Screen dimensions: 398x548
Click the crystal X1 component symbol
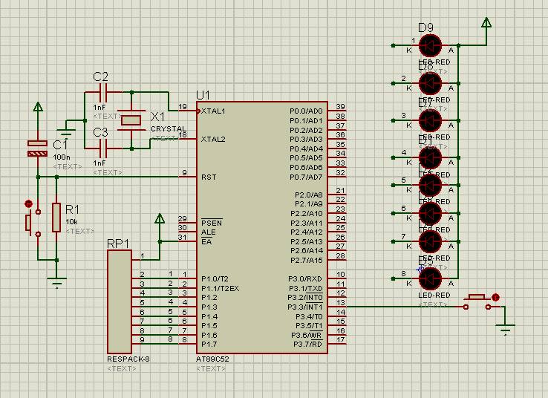(x=132, y=120)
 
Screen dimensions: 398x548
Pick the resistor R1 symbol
(x=56, y=218)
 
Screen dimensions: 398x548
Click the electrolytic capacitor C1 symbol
(x=37, y=148)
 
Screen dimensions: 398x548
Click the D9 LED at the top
(x=430, y=45)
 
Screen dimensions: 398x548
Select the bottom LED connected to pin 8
(x=430, y=278)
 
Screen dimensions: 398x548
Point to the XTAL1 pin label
(x=213, y=111)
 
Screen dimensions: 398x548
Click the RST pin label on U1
(x=209, y=177)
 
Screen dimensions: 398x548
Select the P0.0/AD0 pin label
(x=306, y=111)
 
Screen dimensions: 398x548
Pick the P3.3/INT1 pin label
(x=305, y=307)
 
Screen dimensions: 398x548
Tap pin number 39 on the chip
(x=340, y=107)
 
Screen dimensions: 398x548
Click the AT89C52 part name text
(x=212, y=359)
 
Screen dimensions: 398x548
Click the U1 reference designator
(x=203, y=96)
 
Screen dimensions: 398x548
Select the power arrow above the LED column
(x=486, y=22)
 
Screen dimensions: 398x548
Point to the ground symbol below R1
(x=56, y=280)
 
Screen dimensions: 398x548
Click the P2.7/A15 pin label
(x=307, y=261)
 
